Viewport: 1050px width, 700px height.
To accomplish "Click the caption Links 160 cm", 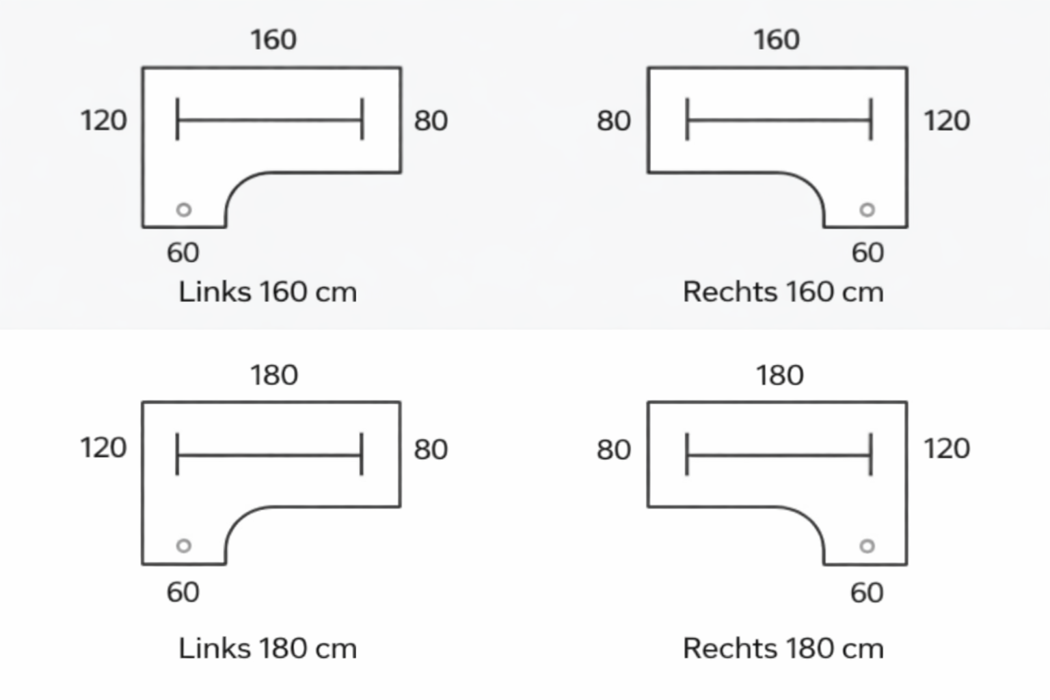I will coord(267,293).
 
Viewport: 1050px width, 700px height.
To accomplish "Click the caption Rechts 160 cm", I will coord(783,293).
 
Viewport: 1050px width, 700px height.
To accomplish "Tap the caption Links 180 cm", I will coord(267,648).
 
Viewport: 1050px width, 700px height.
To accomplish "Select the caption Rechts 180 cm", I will coord(783,648).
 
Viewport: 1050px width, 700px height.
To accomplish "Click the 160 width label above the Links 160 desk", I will coord(273,40).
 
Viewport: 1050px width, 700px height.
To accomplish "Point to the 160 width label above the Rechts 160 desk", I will coord(777,40).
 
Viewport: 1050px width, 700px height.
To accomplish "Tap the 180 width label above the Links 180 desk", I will coord(273,375).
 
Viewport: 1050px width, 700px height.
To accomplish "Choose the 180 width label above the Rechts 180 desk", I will coord(779,375).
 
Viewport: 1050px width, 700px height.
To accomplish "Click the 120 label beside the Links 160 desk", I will coord(104,121).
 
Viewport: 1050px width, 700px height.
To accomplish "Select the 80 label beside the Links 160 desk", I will coord(431,121).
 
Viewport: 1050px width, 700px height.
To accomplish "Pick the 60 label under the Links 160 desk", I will coord(183,253).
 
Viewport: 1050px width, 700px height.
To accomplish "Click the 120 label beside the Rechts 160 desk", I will coord(947,121).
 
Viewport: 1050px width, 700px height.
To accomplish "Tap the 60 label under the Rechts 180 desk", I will coord(867,593).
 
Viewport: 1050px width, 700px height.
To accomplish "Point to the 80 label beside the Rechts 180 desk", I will coord(613,450).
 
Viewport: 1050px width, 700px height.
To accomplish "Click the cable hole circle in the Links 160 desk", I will coord(184,210).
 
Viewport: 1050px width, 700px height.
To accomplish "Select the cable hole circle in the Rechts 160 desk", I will coord(867,210).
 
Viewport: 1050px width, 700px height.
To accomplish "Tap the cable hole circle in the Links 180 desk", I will coord(184,546).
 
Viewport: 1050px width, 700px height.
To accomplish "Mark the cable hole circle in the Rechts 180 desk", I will coord(867,546).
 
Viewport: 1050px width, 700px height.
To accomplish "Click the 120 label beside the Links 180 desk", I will coord(104,448).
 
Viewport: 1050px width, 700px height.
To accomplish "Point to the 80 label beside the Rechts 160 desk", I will coord(613,121).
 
